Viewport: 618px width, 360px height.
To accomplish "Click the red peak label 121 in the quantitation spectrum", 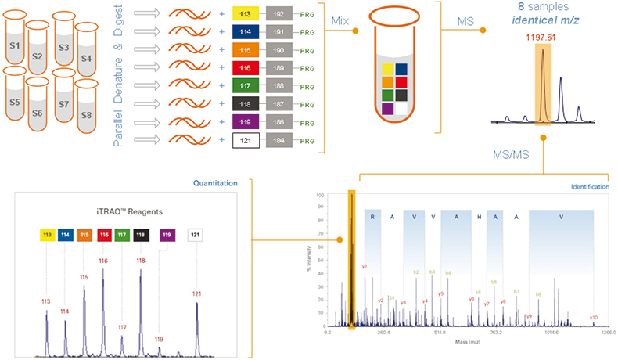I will (x=196, y=293).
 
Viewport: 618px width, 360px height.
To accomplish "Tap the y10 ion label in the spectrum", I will (x=594, y=318).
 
